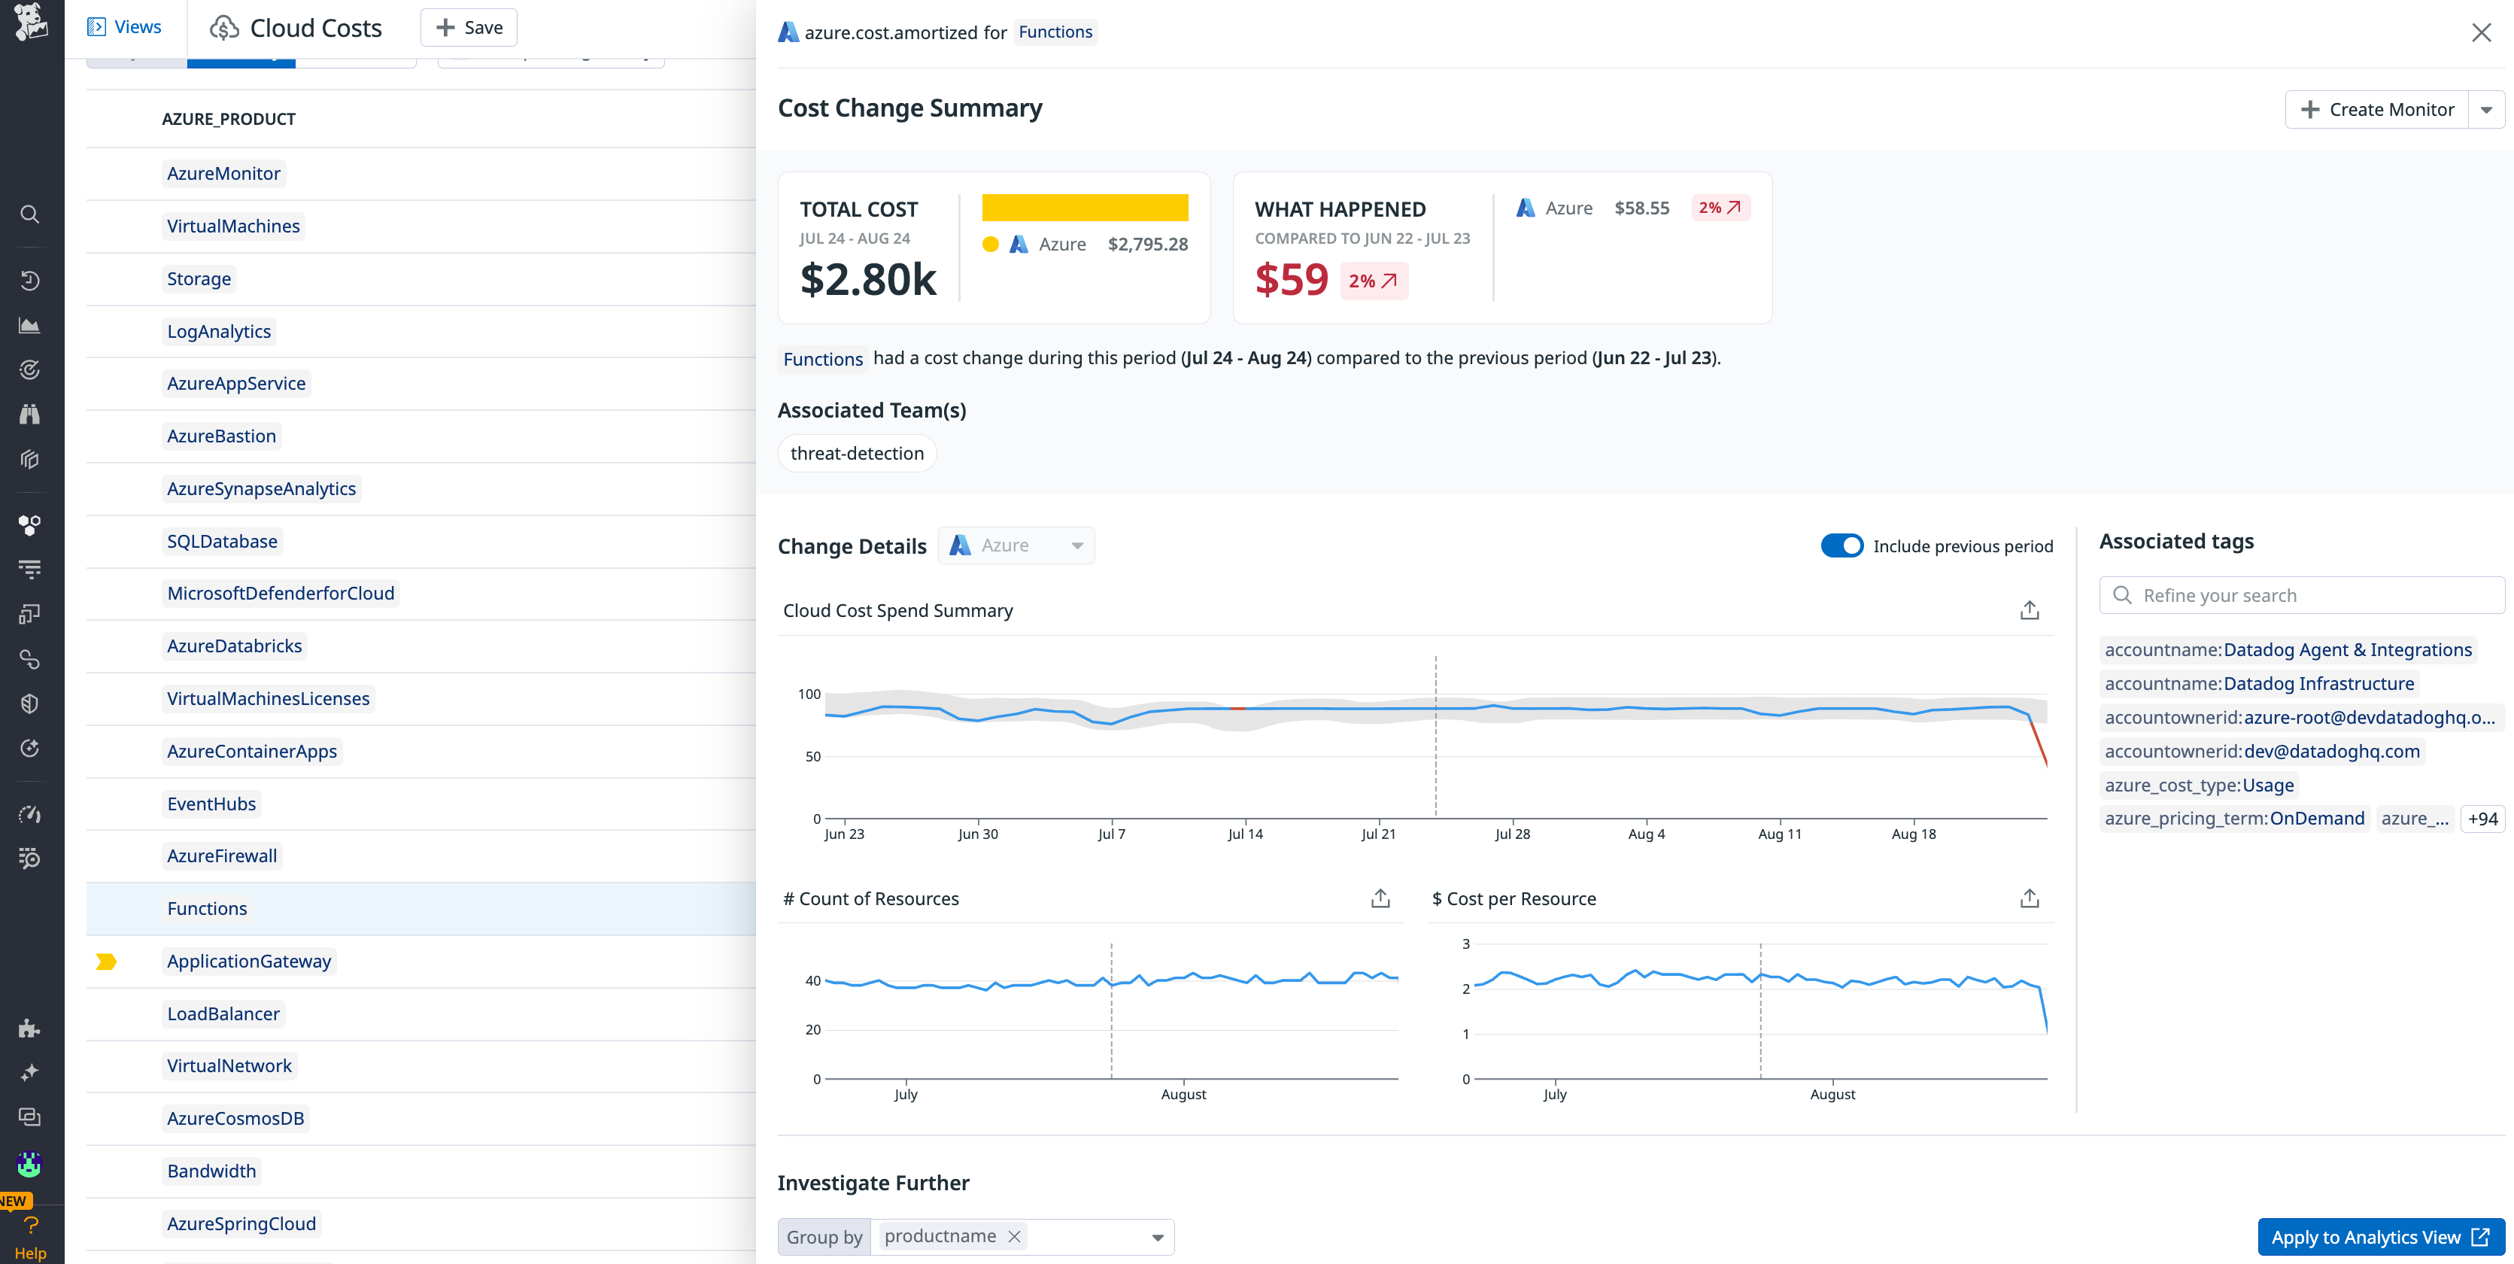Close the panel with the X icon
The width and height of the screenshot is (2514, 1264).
pos(2481,32)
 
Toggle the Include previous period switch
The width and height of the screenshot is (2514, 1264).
pos(1841,545)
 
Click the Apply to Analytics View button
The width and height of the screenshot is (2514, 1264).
pos(2379,1237)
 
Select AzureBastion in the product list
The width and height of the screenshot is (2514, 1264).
pos(222,436)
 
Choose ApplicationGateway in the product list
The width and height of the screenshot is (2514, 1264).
pos(249,962)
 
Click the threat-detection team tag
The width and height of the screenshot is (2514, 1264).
pos(856,454)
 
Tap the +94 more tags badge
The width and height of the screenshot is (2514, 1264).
pos(2482,819)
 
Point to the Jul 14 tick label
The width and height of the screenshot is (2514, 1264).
pos(1244,834)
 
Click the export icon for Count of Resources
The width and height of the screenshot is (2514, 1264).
pos(1380,898)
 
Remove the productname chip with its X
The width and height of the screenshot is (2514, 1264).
pos(1015,1237)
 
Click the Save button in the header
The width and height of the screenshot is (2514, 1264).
pos(469,27)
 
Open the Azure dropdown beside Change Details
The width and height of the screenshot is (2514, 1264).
pos(1017,545)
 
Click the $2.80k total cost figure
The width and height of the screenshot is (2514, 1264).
pos(867,280)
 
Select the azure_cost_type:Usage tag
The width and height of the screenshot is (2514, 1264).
pos(2199,785)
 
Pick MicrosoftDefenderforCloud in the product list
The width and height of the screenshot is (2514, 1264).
pos(280,594)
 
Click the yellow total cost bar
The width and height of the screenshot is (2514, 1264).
pos(1084,208)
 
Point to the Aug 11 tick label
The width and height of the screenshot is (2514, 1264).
pos(1779,834)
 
